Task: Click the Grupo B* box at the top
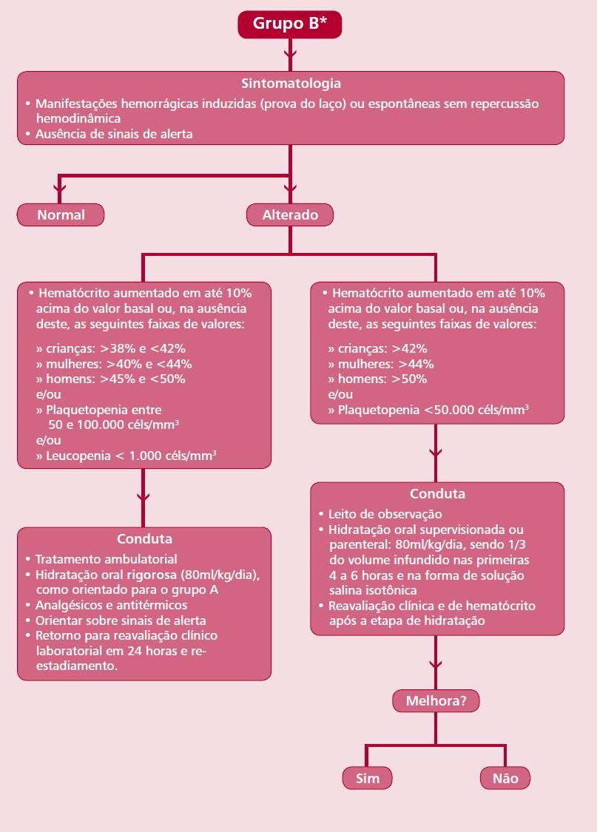[290, 24]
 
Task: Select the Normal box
[61, 215]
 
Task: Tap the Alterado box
[290, 215]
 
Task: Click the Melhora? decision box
[436, 701]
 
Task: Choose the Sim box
[367, 779]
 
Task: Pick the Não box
[505, 779]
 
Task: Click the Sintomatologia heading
[291, 84]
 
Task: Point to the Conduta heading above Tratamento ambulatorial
[144, 538]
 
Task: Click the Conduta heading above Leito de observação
[437, 493]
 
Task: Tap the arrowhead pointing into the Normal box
[59, 189]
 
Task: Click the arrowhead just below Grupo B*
[290, 54]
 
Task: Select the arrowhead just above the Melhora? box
[436, 665]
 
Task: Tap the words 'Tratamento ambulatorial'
[106, 559]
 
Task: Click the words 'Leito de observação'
[385, 514]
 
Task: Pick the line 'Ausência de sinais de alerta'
[114, 134]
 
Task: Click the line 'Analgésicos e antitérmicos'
[112, 605]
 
